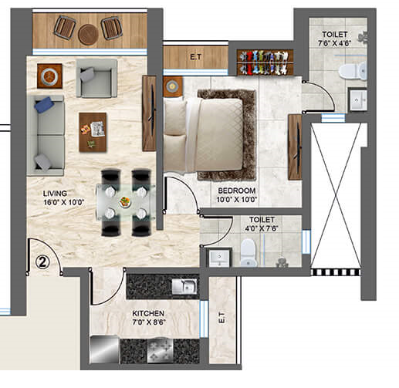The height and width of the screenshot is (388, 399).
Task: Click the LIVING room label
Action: point(55,194)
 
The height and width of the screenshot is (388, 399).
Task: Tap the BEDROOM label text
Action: point(237,191)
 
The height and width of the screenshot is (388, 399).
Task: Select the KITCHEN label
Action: point(148,313)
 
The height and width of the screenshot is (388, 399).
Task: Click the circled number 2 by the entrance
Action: point(42,262)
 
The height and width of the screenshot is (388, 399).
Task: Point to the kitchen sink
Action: point(184,287)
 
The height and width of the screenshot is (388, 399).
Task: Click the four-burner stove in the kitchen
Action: point(161,350)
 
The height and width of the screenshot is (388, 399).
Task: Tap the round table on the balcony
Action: point(88,35)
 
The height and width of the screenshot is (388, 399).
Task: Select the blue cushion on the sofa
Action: point(44,105)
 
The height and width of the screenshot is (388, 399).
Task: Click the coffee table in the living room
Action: point(93,132)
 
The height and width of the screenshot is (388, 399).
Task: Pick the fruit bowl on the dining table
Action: point(125,202)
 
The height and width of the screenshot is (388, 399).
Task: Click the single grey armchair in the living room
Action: point(96,79)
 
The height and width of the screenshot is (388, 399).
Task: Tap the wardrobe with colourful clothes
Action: point(265,62)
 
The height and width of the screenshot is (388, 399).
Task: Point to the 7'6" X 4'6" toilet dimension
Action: point(334,43)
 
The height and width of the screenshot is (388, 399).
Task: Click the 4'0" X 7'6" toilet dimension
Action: point(262,228)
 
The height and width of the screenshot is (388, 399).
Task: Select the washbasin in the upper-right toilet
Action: point(357,100)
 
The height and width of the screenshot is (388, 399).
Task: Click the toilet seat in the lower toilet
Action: point(249,252)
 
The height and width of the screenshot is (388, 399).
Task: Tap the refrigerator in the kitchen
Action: point(104,350)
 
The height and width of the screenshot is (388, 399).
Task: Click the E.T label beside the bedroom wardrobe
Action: point(196,57)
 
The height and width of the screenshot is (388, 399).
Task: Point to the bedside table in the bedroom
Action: point(173,86)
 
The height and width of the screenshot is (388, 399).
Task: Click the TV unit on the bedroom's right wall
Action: point(295,147)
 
